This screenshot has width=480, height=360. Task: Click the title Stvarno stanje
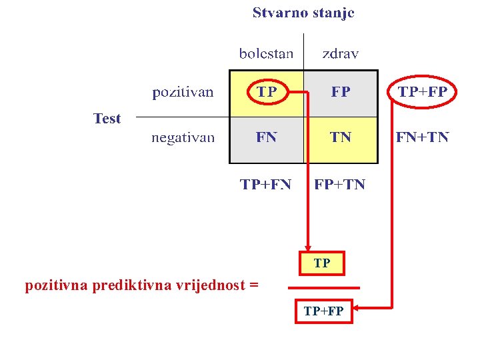click(303, 13)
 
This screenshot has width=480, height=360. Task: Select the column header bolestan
click(266, 53)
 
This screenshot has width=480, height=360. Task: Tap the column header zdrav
click(340, 53)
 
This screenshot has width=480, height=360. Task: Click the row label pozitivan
click(183, 93)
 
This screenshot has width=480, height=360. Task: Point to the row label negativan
click(183, 138)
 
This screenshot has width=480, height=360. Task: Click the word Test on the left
click(107, 119)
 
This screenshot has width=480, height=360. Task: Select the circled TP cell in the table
click(267, 93)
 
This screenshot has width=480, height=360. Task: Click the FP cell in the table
click(341, 93)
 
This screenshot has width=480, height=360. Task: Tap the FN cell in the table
click(266, 137)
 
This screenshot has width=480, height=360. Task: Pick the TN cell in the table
click(341, 137)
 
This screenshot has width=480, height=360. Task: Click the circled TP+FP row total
click(423, 93)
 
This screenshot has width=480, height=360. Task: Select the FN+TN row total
click(423, 138)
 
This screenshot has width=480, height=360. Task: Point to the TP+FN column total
click(266, 184)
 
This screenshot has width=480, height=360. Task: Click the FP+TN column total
click(340, 184)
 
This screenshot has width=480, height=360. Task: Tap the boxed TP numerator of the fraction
click(322, 264)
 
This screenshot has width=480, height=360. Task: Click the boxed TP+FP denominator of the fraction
click(323, 311)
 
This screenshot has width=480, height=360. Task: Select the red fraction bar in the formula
click(323, 287)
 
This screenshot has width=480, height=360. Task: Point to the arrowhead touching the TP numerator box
click(307, 249)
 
